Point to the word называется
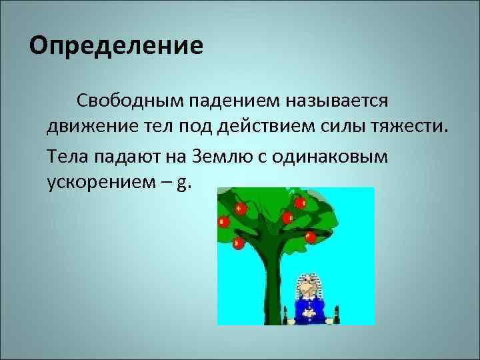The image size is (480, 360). [337, 101]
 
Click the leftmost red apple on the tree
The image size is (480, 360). [223, 221]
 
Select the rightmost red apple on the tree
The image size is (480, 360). [310, 236]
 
